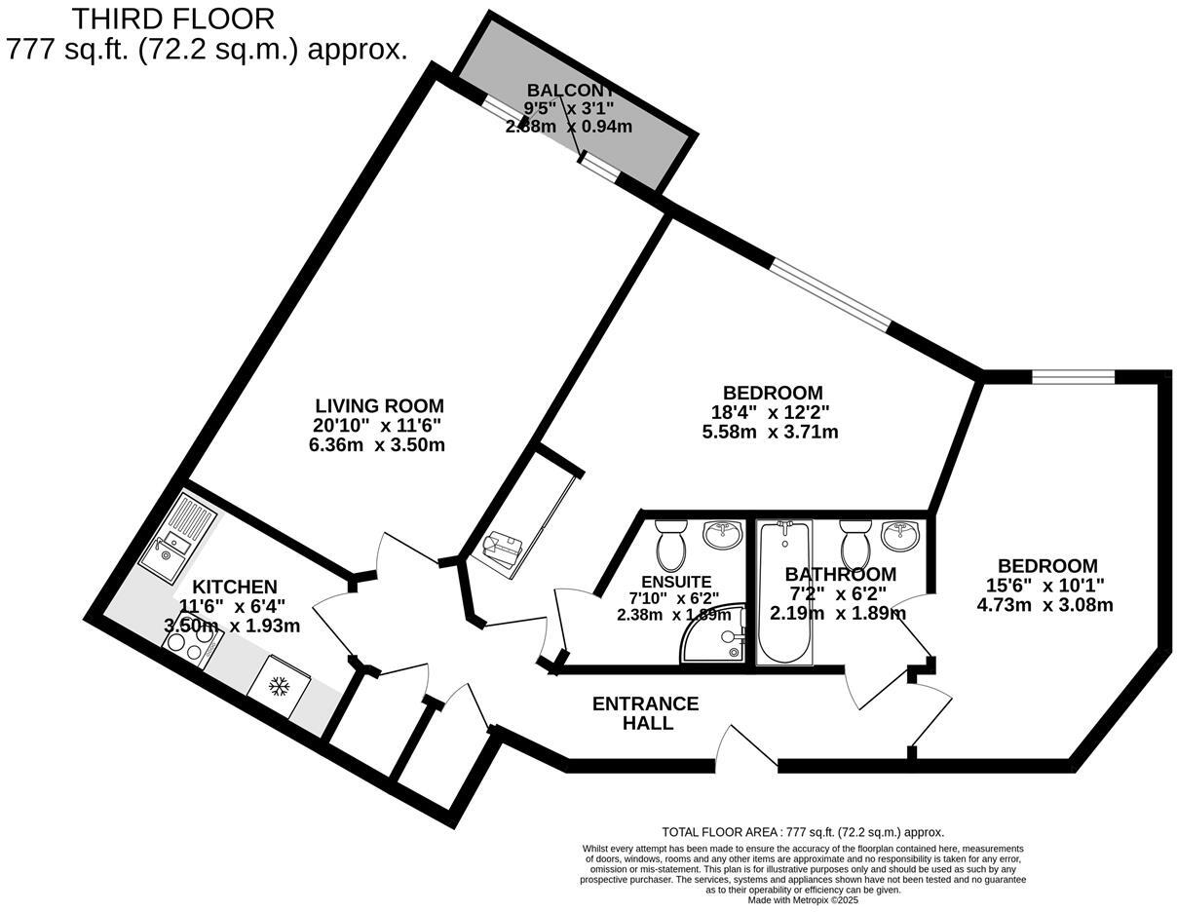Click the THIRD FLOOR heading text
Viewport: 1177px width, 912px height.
(173, 18)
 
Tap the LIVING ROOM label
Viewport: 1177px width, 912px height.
(379, 405)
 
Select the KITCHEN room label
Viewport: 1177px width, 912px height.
(234, 587)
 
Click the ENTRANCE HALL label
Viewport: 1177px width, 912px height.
(646, 713)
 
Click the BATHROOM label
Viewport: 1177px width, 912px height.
(840, 574)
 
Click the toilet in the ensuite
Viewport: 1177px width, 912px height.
(671, 546)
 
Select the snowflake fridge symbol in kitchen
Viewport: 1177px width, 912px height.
(279, 688)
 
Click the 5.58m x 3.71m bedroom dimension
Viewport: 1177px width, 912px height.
(771, 432)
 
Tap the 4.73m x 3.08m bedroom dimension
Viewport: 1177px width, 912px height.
(1044, 604)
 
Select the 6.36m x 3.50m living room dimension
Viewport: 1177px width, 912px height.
(378, 444)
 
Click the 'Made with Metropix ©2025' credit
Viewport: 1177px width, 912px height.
(803, 900)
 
